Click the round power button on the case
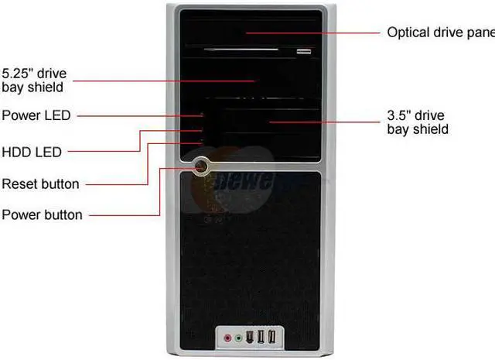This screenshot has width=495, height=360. point(202,165)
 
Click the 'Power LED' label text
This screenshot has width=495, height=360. point(36,115)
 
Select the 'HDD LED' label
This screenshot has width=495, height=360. point(32,152)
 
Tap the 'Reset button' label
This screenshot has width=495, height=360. point(40,184)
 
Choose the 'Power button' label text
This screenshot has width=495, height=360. point(42,214)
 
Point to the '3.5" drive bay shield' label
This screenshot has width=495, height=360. point(418,122)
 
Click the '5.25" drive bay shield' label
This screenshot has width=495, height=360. point(34,81)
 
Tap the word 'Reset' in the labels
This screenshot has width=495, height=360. point(19,184)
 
